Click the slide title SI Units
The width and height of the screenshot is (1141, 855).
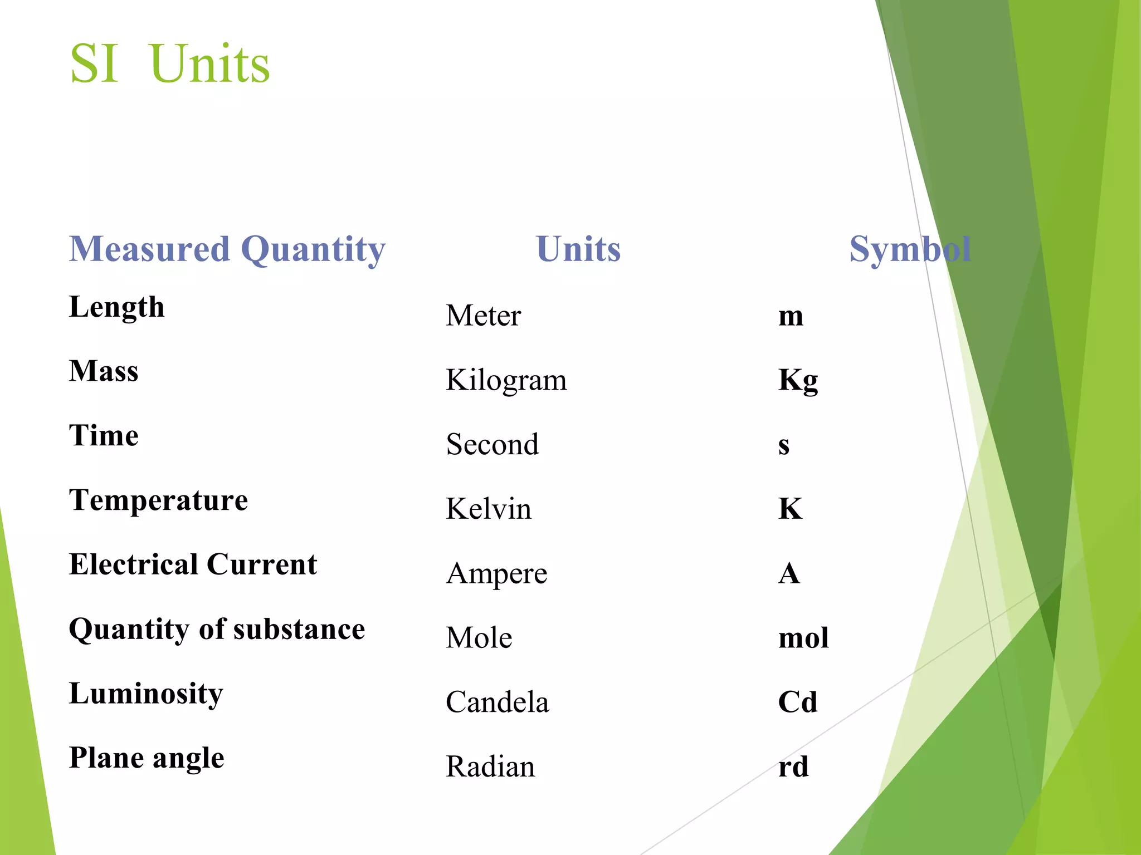point(170,63)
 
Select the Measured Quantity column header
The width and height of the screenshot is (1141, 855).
point(227,249)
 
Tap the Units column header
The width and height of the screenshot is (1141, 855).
point(578,249)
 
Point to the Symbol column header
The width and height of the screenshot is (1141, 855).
point(910,249)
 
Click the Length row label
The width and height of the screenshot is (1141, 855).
point(117,307)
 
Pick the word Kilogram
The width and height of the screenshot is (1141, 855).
point(506,381)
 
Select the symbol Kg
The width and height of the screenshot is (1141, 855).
point(798,381)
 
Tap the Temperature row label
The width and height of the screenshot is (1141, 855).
point(158,500)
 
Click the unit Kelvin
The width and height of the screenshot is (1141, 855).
point(489,509)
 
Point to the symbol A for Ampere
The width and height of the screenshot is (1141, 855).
point(789,573)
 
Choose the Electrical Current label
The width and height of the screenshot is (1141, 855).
point(193,564)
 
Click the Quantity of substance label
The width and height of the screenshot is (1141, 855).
point(217,629)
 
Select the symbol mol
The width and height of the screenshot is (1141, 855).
point(803,638)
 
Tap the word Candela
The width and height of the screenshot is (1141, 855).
point(497,702)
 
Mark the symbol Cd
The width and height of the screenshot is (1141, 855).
point(798,702)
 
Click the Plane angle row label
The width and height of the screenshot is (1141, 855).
point(147,758)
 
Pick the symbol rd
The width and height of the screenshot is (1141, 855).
point(793,766)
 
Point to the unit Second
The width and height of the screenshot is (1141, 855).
point(493,445)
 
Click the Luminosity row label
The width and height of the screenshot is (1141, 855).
point(146,694)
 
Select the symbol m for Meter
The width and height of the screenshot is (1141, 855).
point(791,316)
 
